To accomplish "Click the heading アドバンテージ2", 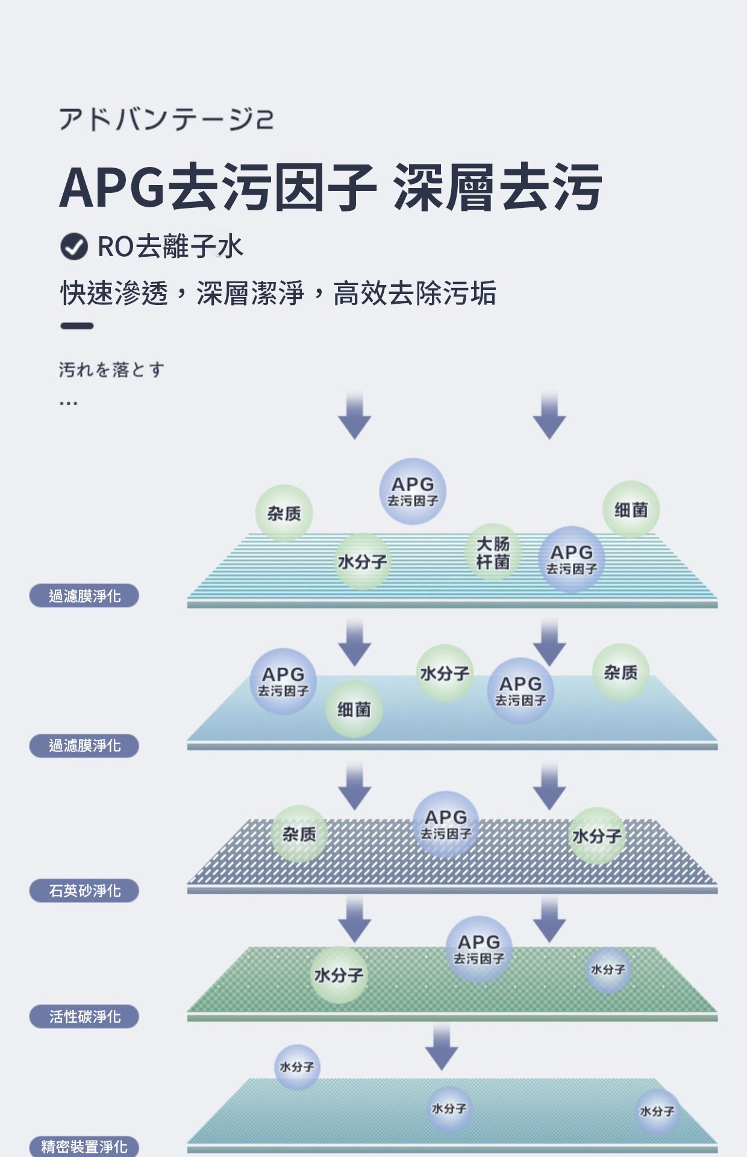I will (166, 119).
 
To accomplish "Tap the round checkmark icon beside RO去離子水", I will (74, 246).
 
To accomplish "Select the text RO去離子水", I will (170, 246).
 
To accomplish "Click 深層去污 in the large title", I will (496, 187).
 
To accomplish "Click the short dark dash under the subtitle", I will (77, 326).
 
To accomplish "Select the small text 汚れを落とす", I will (111, 369).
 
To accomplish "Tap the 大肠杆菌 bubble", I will (493, 553).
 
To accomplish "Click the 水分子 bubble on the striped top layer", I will (362, 562).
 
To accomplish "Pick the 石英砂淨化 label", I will (84, 891).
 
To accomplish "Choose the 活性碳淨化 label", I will (84, 1017).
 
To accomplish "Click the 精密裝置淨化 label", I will (84, 1146).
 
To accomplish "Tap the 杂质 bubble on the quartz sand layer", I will (299, 834).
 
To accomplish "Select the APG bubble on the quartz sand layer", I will (446, 824).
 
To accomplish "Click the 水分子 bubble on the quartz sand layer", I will (596, 836).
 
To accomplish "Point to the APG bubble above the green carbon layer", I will (479, 949).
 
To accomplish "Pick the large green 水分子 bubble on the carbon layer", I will (339, 974).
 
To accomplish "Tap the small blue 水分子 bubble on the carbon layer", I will (608, 970).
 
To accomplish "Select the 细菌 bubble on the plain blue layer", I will (354, 709).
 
